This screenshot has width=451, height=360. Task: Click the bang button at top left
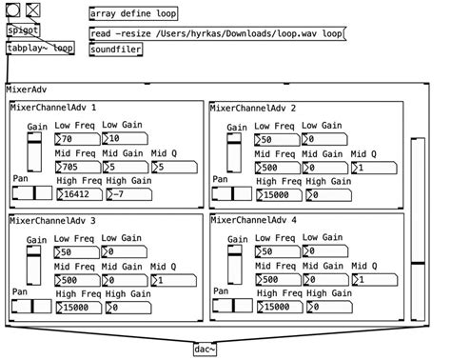coord(12,10)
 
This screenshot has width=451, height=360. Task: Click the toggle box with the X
coord(33,10)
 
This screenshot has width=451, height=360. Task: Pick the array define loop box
coord(133,14)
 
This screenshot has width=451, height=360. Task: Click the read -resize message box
coord(217,32)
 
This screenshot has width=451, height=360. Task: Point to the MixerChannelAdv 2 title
coord(253,109)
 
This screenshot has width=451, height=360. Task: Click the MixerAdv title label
coord(27,90)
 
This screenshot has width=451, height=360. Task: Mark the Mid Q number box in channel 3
coord(172,280)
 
